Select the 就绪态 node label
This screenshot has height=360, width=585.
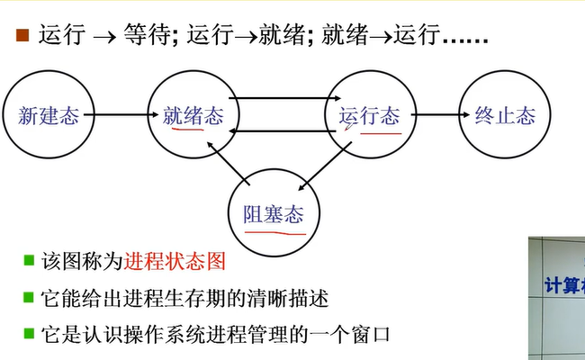click(x=193, y=115)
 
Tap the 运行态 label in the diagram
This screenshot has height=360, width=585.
click(x=369, y=115)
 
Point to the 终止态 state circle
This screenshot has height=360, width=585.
click(x=504, y=115)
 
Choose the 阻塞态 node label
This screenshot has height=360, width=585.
click(x=274, y=214)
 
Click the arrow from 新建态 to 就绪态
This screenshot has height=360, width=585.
click(x=121, y=115)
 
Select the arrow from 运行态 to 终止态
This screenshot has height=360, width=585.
click(x=436, y=115)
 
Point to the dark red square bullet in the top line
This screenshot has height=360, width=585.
click(x=22, y=36)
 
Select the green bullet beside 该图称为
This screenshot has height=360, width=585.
click(x=29, y=262)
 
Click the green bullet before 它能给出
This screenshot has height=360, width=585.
click(x=29, y=298)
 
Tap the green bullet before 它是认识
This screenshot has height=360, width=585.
click(x=29, y=334)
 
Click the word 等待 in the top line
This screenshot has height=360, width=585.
click(x=154, y=36)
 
